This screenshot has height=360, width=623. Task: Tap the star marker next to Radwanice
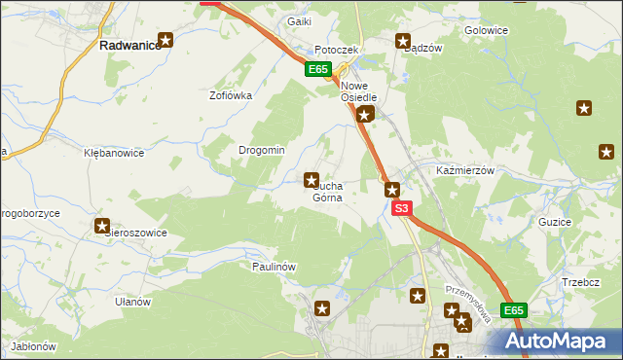166,40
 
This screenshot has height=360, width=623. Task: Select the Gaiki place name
298,21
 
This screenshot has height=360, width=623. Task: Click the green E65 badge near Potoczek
317,69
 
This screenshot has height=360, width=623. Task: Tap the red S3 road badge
403,208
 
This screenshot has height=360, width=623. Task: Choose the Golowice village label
487,30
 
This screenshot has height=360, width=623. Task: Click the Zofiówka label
232,96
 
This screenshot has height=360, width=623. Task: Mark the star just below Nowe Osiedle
364,116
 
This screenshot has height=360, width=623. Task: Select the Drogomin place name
262,150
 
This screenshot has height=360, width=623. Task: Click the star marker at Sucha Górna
311,179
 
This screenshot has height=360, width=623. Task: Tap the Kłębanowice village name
114,153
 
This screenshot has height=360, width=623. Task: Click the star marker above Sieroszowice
103,226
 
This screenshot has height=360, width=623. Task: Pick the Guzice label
554,222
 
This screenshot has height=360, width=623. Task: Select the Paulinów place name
274,266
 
